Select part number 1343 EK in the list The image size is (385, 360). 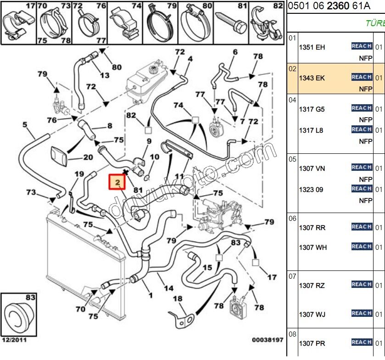click(312, 78)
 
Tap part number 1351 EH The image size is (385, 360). click(312, 47)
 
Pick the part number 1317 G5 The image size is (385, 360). click(312, 109)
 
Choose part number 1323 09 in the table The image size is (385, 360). click(312, 189)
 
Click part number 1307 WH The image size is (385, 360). click(313, 247)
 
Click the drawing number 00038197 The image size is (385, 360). click(268, 340)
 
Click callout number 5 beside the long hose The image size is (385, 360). click(25, 124)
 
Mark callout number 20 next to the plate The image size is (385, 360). click(88, 157)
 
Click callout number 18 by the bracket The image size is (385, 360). click(178, 298)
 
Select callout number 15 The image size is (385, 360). click(207, 267)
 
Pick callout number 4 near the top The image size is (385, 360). click(190, 59)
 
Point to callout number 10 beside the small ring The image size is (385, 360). click(155, 157)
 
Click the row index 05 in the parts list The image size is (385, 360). click(293, 159)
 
